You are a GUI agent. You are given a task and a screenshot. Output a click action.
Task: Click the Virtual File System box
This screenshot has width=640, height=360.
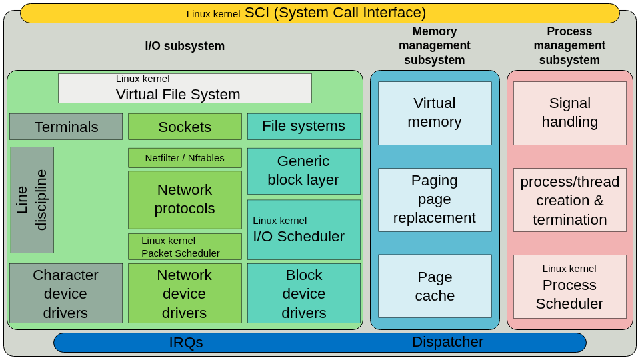point(185,88)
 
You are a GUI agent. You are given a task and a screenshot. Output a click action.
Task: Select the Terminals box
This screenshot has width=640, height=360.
point(66,127)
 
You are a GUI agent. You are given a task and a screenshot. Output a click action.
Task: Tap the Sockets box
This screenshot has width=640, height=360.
point(185,127)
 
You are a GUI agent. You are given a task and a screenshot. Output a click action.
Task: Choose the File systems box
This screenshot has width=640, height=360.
point(303,126)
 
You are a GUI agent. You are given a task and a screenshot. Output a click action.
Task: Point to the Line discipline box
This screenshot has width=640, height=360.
point(32,200)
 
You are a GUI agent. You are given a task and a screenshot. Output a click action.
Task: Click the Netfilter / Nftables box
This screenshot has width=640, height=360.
point(185,158)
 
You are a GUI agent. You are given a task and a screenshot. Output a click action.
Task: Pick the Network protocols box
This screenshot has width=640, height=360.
point(185,199)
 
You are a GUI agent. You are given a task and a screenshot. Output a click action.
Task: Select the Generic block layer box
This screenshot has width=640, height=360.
point(303,171)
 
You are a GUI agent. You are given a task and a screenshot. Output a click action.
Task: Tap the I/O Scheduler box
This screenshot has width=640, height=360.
point(303,229)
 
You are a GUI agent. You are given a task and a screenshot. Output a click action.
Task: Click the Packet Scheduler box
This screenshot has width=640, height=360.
point(185,247)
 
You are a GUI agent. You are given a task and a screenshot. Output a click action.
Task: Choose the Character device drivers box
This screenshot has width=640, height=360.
point(66,293)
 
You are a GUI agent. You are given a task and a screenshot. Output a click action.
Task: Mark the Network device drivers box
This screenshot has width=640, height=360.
point(185,293)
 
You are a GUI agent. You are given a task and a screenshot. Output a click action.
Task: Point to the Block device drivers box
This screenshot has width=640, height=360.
point(303,293)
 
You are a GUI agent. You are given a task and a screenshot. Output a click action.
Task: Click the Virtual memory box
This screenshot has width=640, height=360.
point(435,113)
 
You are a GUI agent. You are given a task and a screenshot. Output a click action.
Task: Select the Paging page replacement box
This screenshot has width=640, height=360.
point(435,199)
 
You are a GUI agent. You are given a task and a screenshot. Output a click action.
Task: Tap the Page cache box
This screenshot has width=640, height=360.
point(435,286)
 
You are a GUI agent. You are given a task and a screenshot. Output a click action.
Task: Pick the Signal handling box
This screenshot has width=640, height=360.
point(569,113)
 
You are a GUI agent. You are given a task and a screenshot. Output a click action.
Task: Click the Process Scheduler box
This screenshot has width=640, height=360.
point(569,287)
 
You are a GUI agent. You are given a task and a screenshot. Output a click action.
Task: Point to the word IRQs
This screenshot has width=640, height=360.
point(186,343)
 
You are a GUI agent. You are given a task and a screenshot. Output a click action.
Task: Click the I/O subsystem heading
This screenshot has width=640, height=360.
point(185,46)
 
